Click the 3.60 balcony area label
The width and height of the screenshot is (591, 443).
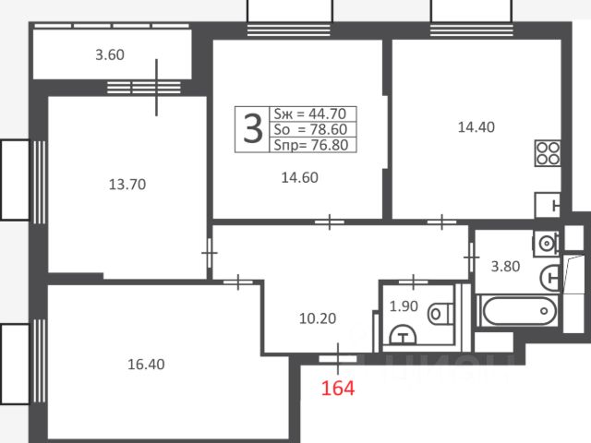point(110,55)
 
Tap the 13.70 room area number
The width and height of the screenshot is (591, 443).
point(127,185)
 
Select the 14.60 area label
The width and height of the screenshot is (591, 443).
point(299,177)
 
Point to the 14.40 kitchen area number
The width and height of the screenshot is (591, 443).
point(476,127)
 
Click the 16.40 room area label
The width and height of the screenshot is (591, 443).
point(146,365)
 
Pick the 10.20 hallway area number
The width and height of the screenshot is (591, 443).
point(318,318)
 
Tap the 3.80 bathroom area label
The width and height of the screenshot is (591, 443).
point(505,267)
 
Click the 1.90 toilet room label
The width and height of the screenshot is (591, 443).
point(404,306)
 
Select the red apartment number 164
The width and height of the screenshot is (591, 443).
point(338,388)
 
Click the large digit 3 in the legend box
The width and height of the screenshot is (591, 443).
point(252,129)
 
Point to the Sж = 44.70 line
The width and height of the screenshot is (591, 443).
point(310,114)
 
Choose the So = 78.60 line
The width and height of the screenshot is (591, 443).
point(310,129)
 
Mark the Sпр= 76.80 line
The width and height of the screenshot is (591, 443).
point(311,145)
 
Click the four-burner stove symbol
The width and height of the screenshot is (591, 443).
point(548,153)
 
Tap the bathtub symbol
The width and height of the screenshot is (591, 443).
point(519,311)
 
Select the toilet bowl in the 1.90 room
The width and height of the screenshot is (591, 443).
point(440,314)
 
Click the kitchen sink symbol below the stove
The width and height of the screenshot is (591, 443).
point(548,205)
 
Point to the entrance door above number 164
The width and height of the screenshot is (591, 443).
point(338,359)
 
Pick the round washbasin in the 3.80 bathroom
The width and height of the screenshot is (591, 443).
point(546,244)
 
